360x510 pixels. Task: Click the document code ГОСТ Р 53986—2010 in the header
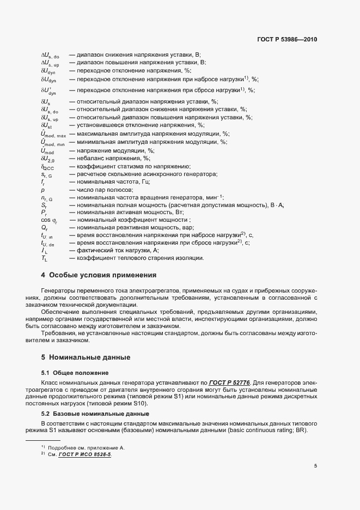point(286,39)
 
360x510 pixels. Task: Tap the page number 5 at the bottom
point(315,466)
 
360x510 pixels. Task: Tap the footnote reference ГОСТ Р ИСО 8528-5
point(84,454)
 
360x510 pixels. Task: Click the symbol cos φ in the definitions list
point(48,220)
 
